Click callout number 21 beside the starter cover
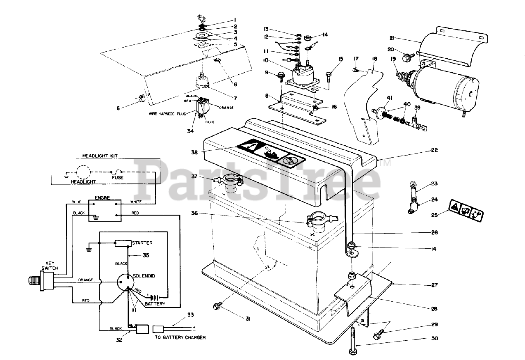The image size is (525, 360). (392, 38)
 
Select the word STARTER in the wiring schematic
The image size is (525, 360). (142, 243)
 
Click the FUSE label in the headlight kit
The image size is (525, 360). (118, 178)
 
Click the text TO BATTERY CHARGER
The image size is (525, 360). (180, 337)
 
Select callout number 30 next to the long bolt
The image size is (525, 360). (423, 339)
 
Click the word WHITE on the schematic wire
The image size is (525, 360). (136, 202)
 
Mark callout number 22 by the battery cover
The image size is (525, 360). (423, 151)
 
